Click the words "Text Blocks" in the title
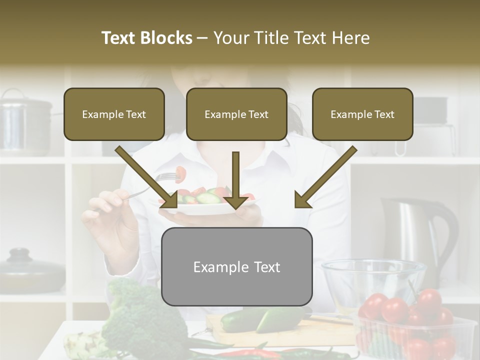pyautogui.click(x=147, y=38)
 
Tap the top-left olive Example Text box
pyautogui.click(x=114, y=114)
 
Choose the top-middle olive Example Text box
pyautogui.click(x=236, y=114)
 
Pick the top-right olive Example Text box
pyautogui.click(x=362, y=114)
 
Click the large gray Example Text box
pyautogui.click(x=236, y=266)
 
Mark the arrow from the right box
pyautogui.click(x=325, y=177)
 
